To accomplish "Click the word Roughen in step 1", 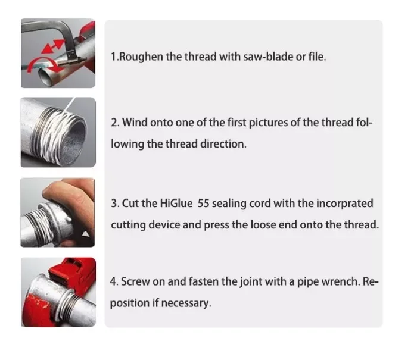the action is [141, 57].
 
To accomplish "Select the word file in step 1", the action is [317, 57].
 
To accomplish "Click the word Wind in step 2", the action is [134, 123].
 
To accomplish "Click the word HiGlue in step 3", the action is [176, 204].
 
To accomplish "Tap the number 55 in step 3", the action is [204, 204].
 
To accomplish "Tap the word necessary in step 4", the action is [186, 303].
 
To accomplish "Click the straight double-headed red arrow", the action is [53, 46].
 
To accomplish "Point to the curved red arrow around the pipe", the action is [43, 64].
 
